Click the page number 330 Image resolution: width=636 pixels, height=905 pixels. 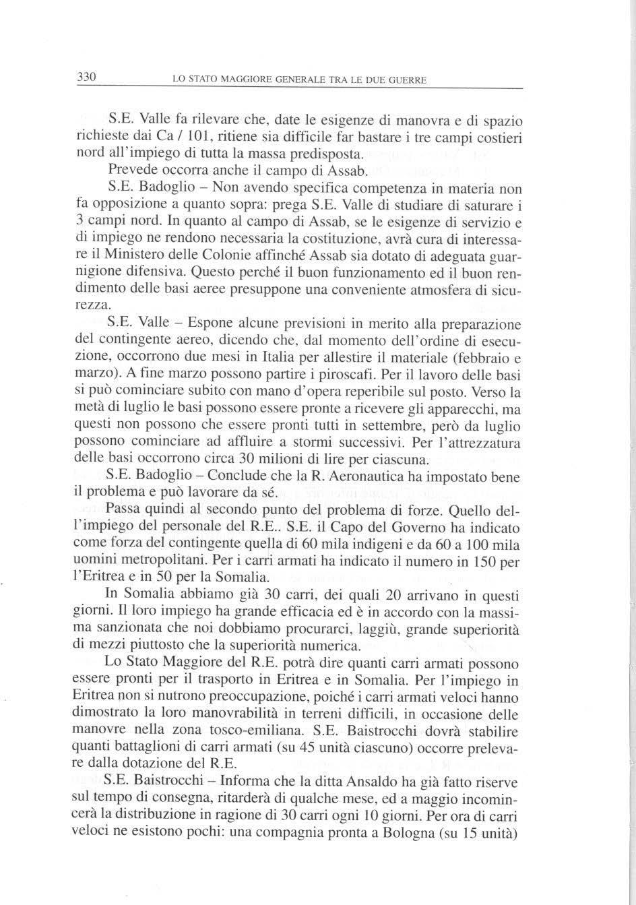(88, 77)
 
